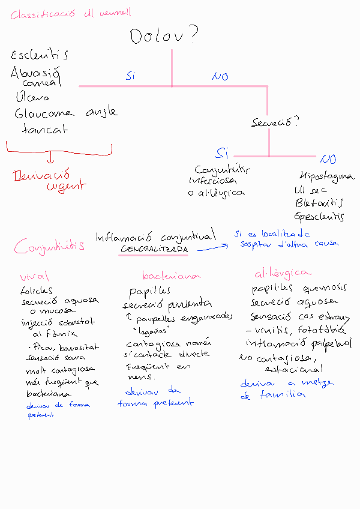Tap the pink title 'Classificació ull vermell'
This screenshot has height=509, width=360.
coord(71,14)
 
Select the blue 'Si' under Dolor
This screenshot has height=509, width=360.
coord(131,76)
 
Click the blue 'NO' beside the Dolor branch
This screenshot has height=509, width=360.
coord(220,76)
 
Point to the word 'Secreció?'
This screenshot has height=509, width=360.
coord(275,122)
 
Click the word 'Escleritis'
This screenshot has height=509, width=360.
coord(40,55)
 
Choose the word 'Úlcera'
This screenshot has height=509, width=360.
coord(33,97)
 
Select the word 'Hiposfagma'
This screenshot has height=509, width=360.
coord(326,176)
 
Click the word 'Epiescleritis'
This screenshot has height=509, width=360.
coord(320,217)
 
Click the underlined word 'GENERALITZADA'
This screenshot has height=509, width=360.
coord(155,248)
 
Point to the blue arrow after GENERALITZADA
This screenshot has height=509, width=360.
coord(213,245)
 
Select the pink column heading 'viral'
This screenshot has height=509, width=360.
coord(35,277)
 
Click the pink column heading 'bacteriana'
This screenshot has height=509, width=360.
coord(171,276)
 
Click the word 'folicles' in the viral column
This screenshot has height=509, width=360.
coord(36,291)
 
